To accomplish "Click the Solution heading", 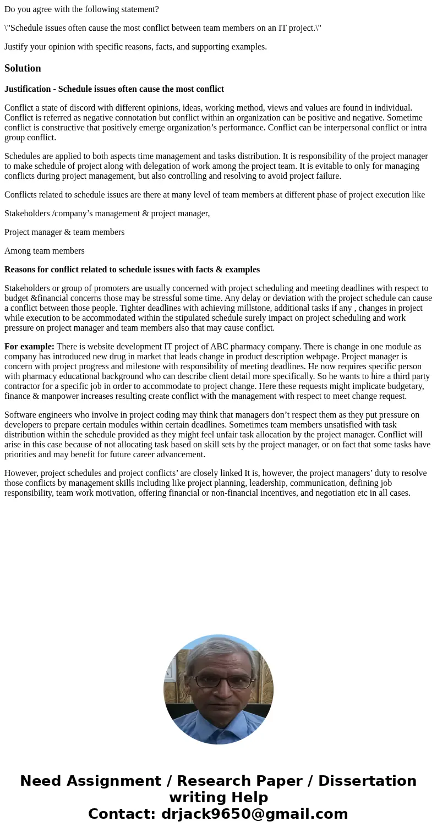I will coord(23,68).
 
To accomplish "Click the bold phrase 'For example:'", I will coord(29,347).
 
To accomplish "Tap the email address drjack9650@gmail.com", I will coord(254,814).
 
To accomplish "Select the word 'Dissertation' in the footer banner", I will coord(367,781).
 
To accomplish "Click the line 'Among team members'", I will coord(45,251).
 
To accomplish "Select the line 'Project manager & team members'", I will coord(64,232).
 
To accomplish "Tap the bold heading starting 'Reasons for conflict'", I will coord(132,270).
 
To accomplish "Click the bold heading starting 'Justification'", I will coord(114,89).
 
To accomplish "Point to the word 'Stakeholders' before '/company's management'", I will coord(27,213).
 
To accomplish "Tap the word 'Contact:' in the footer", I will coord(122,814).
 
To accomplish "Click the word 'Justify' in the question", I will coord(18,47).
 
